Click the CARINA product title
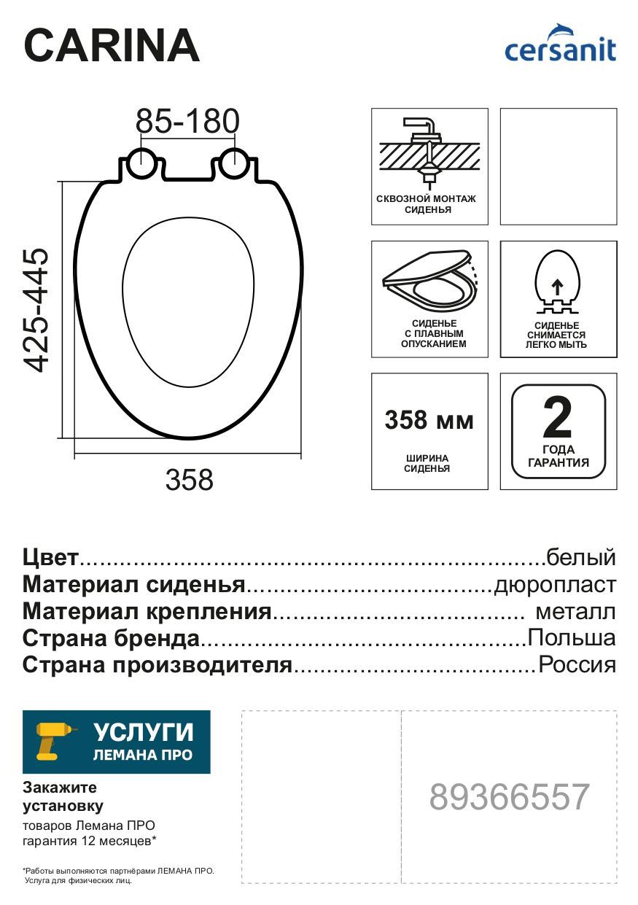(x=112, y=46)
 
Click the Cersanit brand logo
(x=560, y=45)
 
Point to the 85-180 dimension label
(x=188, y=122)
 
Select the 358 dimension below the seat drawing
(x=190, y=480)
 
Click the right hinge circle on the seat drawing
(x=235, y=163)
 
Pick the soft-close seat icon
(x=429, y=285)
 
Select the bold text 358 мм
(x=429, y=421)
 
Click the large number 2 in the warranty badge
(x=558, y=418)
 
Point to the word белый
(x=581, y=558)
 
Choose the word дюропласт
(x=555, y=585)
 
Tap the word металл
(x=575, y=611)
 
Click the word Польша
(x=572, y=638)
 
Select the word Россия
(x=576, y=664)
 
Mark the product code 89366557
(x=509, y=797)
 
